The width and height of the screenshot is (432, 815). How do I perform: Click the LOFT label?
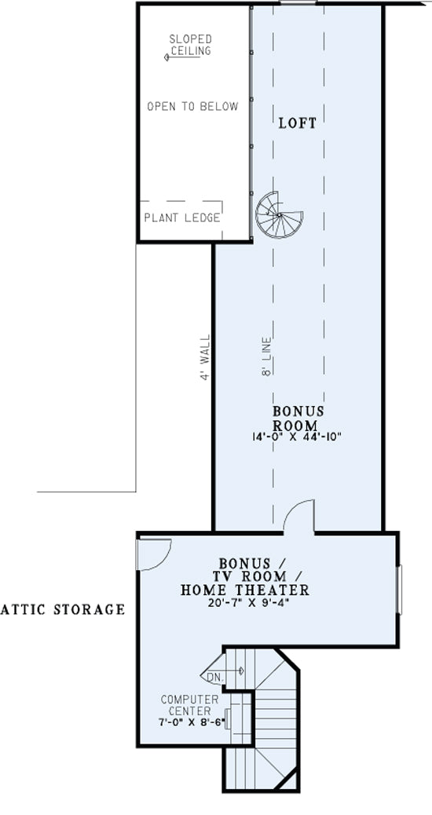[298, 123]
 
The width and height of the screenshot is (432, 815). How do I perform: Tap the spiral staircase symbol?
[279, 214]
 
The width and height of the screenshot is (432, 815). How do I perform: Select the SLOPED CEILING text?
[191, 45]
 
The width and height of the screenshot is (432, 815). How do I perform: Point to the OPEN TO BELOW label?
[192, 107]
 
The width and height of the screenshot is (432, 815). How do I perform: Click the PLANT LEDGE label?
[182, 217]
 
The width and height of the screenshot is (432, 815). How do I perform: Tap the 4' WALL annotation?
[206, 357]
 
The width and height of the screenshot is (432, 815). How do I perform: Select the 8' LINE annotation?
[267, 356]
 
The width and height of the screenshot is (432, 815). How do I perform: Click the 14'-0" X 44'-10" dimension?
[295, 437]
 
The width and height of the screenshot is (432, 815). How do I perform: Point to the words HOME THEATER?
[245, 590]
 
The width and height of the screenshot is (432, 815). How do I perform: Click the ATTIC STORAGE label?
[62, 609]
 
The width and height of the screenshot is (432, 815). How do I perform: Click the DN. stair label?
[214, 678]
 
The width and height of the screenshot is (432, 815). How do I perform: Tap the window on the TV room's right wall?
[399, 590]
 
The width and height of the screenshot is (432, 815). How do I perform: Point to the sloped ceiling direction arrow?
[182, 57]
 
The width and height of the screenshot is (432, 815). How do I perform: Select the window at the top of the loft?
[298, 3]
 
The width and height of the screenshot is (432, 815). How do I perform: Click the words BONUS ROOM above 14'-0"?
[298, 418]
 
